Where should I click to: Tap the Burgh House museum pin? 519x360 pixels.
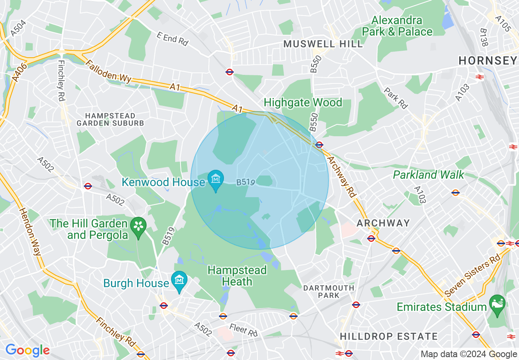tap(179, 281)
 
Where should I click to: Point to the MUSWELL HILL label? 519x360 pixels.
tap(323, 44)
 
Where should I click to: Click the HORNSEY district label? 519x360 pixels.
tap(487, 61)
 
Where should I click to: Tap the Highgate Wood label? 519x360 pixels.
tap(303, 102)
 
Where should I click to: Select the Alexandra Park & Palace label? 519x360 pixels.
tap(397, 26)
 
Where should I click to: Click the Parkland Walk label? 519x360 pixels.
tap(429, 175)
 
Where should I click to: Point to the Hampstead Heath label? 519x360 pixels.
tap(237, 276)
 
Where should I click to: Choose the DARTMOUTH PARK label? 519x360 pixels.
tap(329, 292)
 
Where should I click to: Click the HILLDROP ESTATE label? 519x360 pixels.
tap(389, 337)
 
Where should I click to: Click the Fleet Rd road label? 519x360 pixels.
tap(243, 330)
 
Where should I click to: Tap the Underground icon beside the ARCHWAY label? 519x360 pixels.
tap(371, 238)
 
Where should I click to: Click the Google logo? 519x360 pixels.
tap(27, 350)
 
